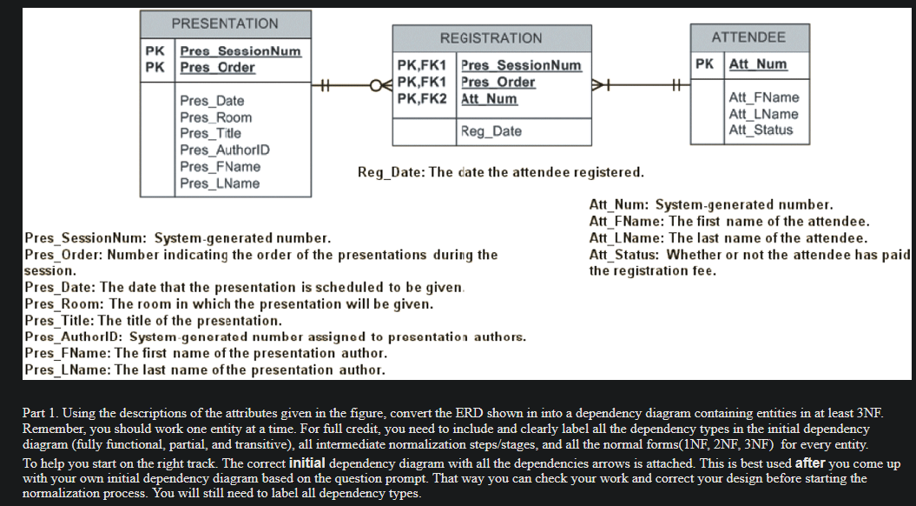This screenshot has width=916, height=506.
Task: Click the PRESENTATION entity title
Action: click(225, 23)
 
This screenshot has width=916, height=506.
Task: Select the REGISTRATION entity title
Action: click(491, 38)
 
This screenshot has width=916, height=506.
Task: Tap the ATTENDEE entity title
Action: click(748, 37)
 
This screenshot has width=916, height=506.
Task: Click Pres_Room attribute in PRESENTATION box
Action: click(215, 117)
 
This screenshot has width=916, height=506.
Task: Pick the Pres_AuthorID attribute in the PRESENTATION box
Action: click(225, 150)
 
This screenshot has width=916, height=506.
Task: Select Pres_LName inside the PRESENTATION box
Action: click(220, 183)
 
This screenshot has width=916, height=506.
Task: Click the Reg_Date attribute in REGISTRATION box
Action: click(491, 131)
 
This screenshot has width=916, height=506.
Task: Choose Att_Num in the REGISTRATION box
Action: click(489, 98)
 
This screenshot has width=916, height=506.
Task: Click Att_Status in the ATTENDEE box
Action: click(761, 130)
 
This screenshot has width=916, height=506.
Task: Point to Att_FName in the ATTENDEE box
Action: click(764, 97)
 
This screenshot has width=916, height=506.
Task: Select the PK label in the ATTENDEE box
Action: click(705, 64)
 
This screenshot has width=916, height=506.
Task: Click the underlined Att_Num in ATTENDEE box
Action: click(758, 64)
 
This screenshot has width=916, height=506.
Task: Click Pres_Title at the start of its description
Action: click(60, 321)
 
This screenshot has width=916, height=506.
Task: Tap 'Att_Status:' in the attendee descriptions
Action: click(624, 255)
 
